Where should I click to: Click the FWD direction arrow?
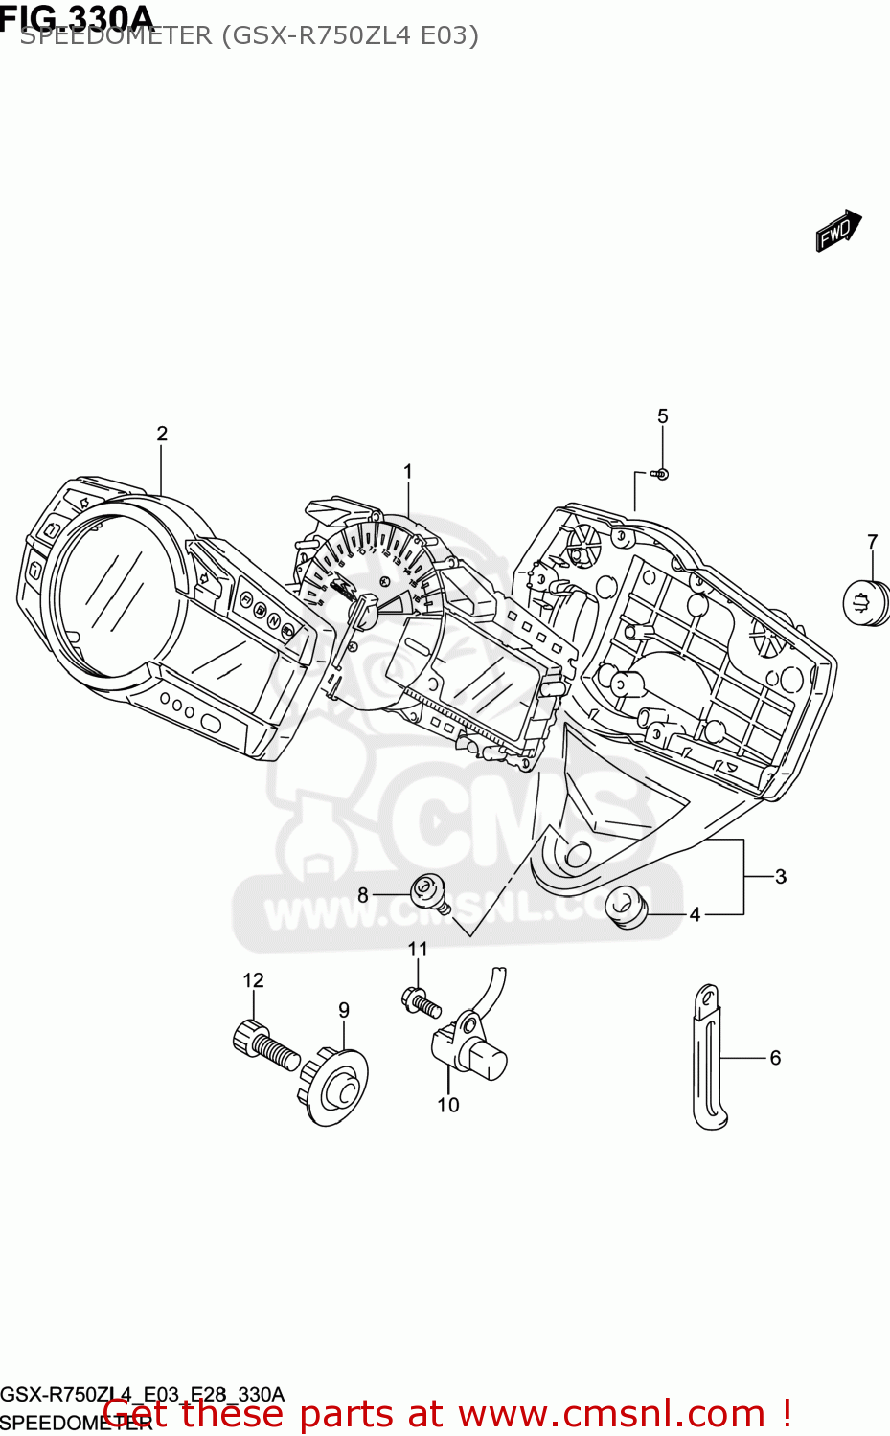[x=837, y=231]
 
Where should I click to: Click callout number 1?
[x=408, y=472]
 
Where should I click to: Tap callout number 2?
[x=162, y=434]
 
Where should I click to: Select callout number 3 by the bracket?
[x=781, y=876]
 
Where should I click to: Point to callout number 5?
[x=663, y=416]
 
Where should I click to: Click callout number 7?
[x=872, y=542]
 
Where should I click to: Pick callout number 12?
[x=253, y=980]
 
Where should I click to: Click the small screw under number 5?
[x=661, y=474]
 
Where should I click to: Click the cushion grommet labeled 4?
[x=626, y=906]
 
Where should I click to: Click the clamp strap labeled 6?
[x=708, y=1057]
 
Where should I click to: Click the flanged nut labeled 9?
[x=335, y=1086]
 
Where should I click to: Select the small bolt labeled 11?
[x=421, y=1002]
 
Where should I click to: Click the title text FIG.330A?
[x=77, y=17]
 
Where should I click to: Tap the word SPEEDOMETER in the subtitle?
[x=115, y=36]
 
